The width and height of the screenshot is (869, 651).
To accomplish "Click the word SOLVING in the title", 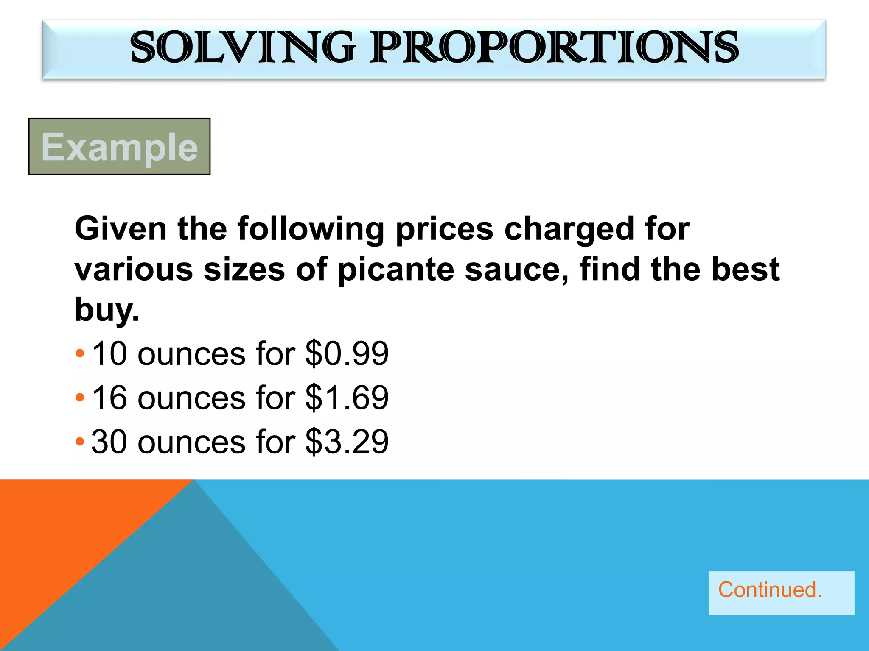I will pos(242,47).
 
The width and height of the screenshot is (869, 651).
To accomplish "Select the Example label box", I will pos(119,146).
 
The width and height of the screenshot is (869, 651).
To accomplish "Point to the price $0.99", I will pos(347,353).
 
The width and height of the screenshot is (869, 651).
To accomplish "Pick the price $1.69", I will pos(347,398).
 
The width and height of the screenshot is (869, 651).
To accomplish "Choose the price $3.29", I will pos(347,442).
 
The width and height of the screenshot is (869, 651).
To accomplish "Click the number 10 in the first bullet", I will pos(109,353).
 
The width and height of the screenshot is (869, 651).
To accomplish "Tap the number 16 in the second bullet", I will pos(109,398).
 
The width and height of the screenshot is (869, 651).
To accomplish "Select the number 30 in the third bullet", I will pos(109,442).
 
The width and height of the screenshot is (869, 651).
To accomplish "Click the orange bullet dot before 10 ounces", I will pos(80,353).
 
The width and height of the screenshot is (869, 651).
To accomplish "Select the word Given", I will pos(121,229).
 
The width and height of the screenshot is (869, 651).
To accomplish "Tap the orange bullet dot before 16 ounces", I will pos(80,398).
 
